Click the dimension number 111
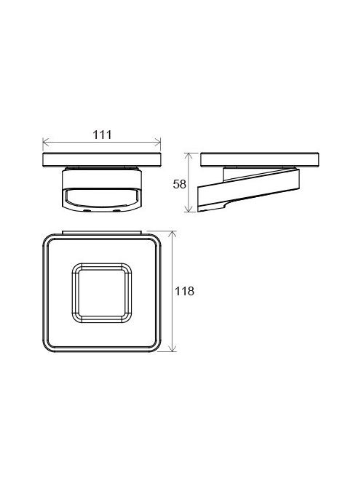tap(102, 135)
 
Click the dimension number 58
tap(180, 184)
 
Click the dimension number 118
tap(184, 291)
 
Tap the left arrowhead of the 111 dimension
tap(46, 143)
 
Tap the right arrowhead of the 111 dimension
tap(157, 143)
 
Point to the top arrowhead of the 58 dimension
tap(189, 156)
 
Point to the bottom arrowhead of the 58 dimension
tap(189, 209)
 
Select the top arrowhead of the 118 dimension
tap(172, 234)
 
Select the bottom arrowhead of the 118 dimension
tap(172, 348)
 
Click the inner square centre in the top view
tap(102, 293)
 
